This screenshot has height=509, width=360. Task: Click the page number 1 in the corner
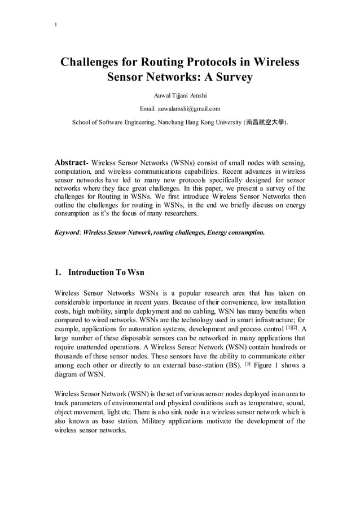pos(55,24)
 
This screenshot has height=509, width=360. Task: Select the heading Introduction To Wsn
pos(106,273)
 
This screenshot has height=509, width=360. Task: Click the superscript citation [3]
pos(247,364)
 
